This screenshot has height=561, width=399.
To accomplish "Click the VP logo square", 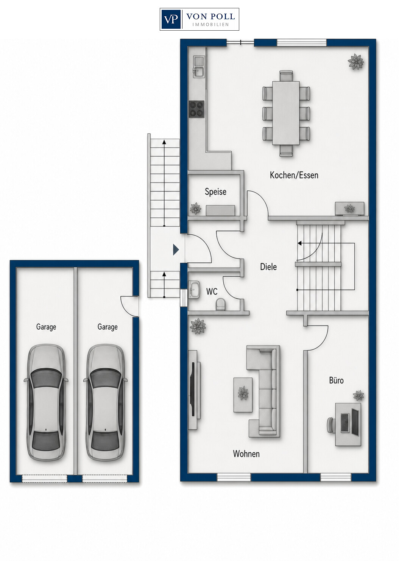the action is pyautogui.click(x=171, y=19).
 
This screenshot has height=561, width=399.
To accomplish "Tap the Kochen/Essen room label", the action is pyautogui.click(x=294, y=175).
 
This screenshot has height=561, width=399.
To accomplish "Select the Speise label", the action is pyautogui.click(x=215, y=192).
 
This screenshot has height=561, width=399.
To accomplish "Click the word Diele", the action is pyautogui.click(x=268, y=266).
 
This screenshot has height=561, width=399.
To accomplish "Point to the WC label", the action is pyautogui.click(x=212, y=291).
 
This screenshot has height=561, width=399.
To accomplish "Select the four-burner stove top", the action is pyautogui.click(x=196, y=109).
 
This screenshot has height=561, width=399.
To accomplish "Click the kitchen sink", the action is pyautogui.click(x=199, y=67).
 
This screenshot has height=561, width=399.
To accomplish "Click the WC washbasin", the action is pyautogui.click(x=194, y=290).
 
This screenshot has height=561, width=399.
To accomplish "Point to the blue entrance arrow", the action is pyautogui.click(x=176, y=249).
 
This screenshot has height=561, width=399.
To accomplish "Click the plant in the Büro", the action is pyautogui.click(x=358, y=396).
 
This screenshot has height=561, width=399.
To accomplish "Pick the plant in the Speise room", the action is pyautogui.click(x=195, y=209).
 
